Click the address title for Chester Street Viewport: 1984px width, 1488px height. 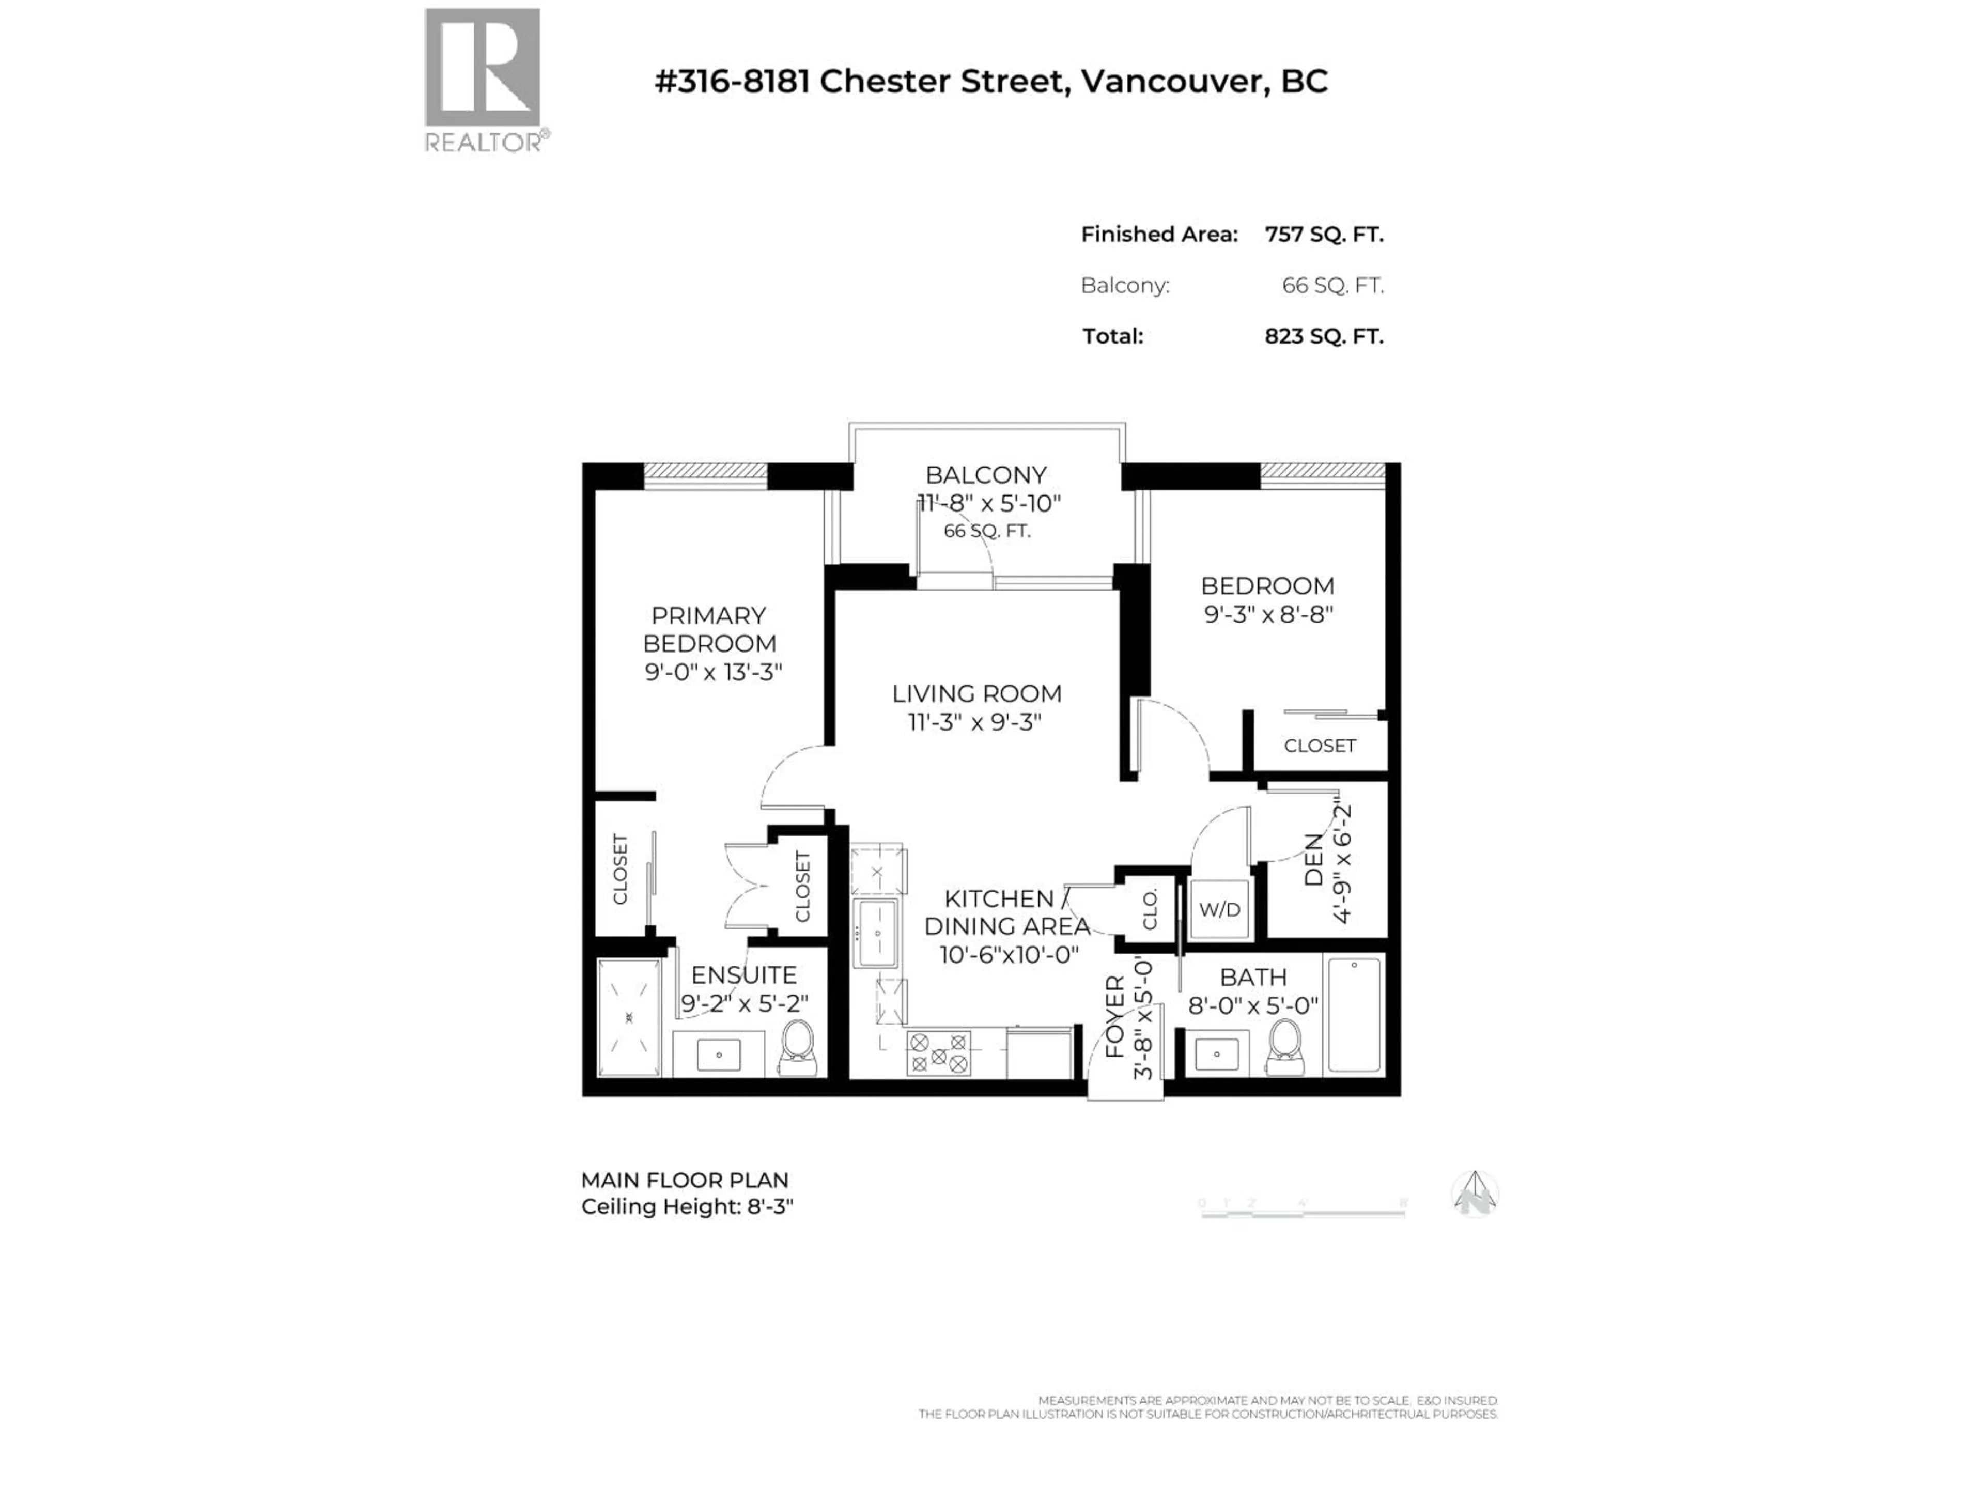pyautogui.click(x=990, y=82)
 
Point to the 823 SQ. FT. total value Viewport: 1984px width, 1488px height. pyautogui.click(x=1323, y=336)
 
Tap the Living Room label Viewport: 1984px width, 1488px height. pyautogui.click(x=976, y=693)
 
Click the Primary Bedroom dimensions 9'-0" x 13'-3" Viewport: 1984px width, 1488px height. pyautogui.click(x=713, y=672)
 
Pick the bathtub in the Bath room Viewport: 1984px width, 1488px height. pyautogui.click(x=1354, y=1014)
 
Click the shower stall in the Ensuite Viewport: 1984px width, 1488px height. pyautogui.click(x=629, y=1018)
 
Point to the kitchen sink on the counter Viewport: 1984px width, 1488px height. pyautogui.click(x=876, y=934)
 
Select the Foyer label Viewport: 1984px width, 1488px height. pyautogui.click(x=1115, y=1016)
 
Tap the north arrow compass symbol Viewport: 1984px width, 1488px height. pyautogui.click(x=1475, y=1195)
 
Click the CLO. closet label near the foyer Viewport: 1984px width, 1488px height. pyautogui.click(x=1150, y=909)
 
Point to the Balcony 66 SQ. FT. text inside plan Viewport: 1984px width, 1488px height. pyautogui.click(x=987, y=531)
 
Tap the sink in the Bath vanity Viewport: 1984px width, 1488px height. pyautogui.click(x=1216, y=1054)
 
